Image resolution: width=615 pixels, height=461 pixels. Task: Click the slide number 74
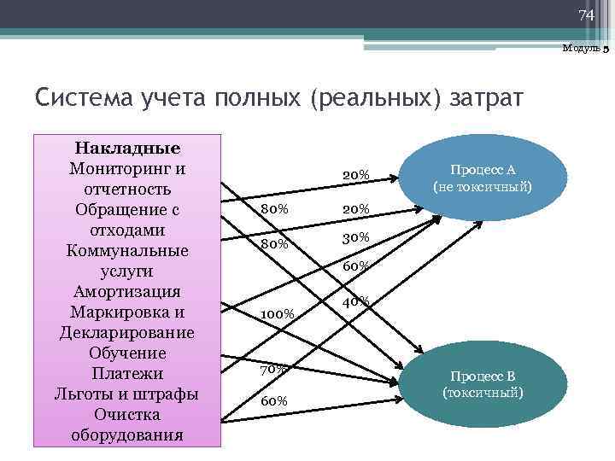585,15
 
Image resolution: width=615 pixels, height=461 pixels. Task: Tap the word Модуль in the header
581,49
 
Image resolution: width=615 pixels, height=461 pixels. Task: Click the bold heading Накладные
127,148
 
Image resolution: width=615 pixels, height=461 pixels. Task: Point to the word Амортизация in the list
127,291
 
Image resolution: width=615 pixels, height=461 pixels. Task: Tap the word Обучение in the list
127,353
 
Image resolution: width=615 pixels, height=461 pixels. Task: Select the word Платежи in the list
127,373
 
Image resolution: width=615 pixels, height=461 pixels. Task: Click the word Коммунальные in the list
127,250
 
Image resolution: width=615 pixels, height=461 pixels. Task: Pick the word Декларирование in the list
127,332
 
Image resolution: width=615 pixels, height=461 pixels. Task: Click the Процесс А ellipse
482,178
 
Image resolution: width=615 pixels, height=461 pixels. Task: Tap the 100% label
277,314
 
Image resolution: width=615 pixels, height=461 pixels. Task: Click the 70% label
274,370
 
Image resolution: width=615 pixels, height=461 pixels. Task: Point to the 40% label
356,301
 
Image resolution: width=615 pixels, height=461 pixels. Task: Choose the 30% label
356,237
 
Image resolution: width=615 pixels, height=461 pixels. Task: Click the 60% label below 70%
274,400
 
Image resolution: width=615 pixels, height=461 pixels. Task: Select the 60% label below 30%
356,266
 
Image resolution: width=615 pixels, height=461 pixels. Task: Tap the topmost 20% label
356,175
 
